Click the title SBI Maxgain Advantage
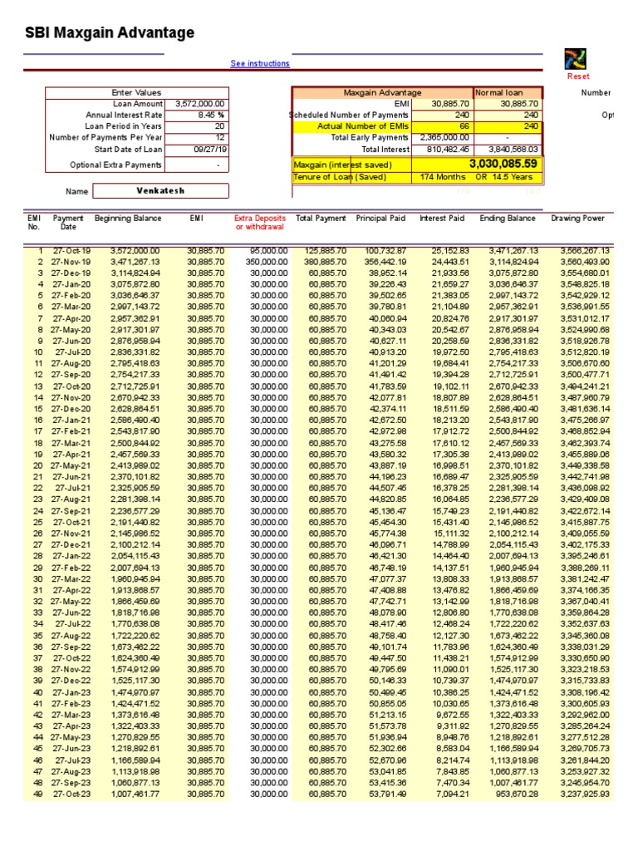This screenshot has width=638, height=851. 110,33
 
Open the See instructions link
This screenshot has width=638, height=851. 260,64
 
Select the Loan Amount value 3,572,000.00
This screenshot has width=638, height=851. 199,104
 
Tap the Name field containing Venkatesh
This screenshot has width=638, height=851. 159,191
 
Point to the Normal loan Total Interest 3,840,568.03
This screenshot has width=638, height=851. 510,150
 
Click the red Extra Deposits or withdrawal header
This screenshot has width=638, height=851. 262,223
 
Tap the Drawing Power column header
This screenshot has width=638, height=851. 579,219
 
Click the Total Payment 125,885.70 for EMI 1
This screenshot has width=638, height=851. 321,250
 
